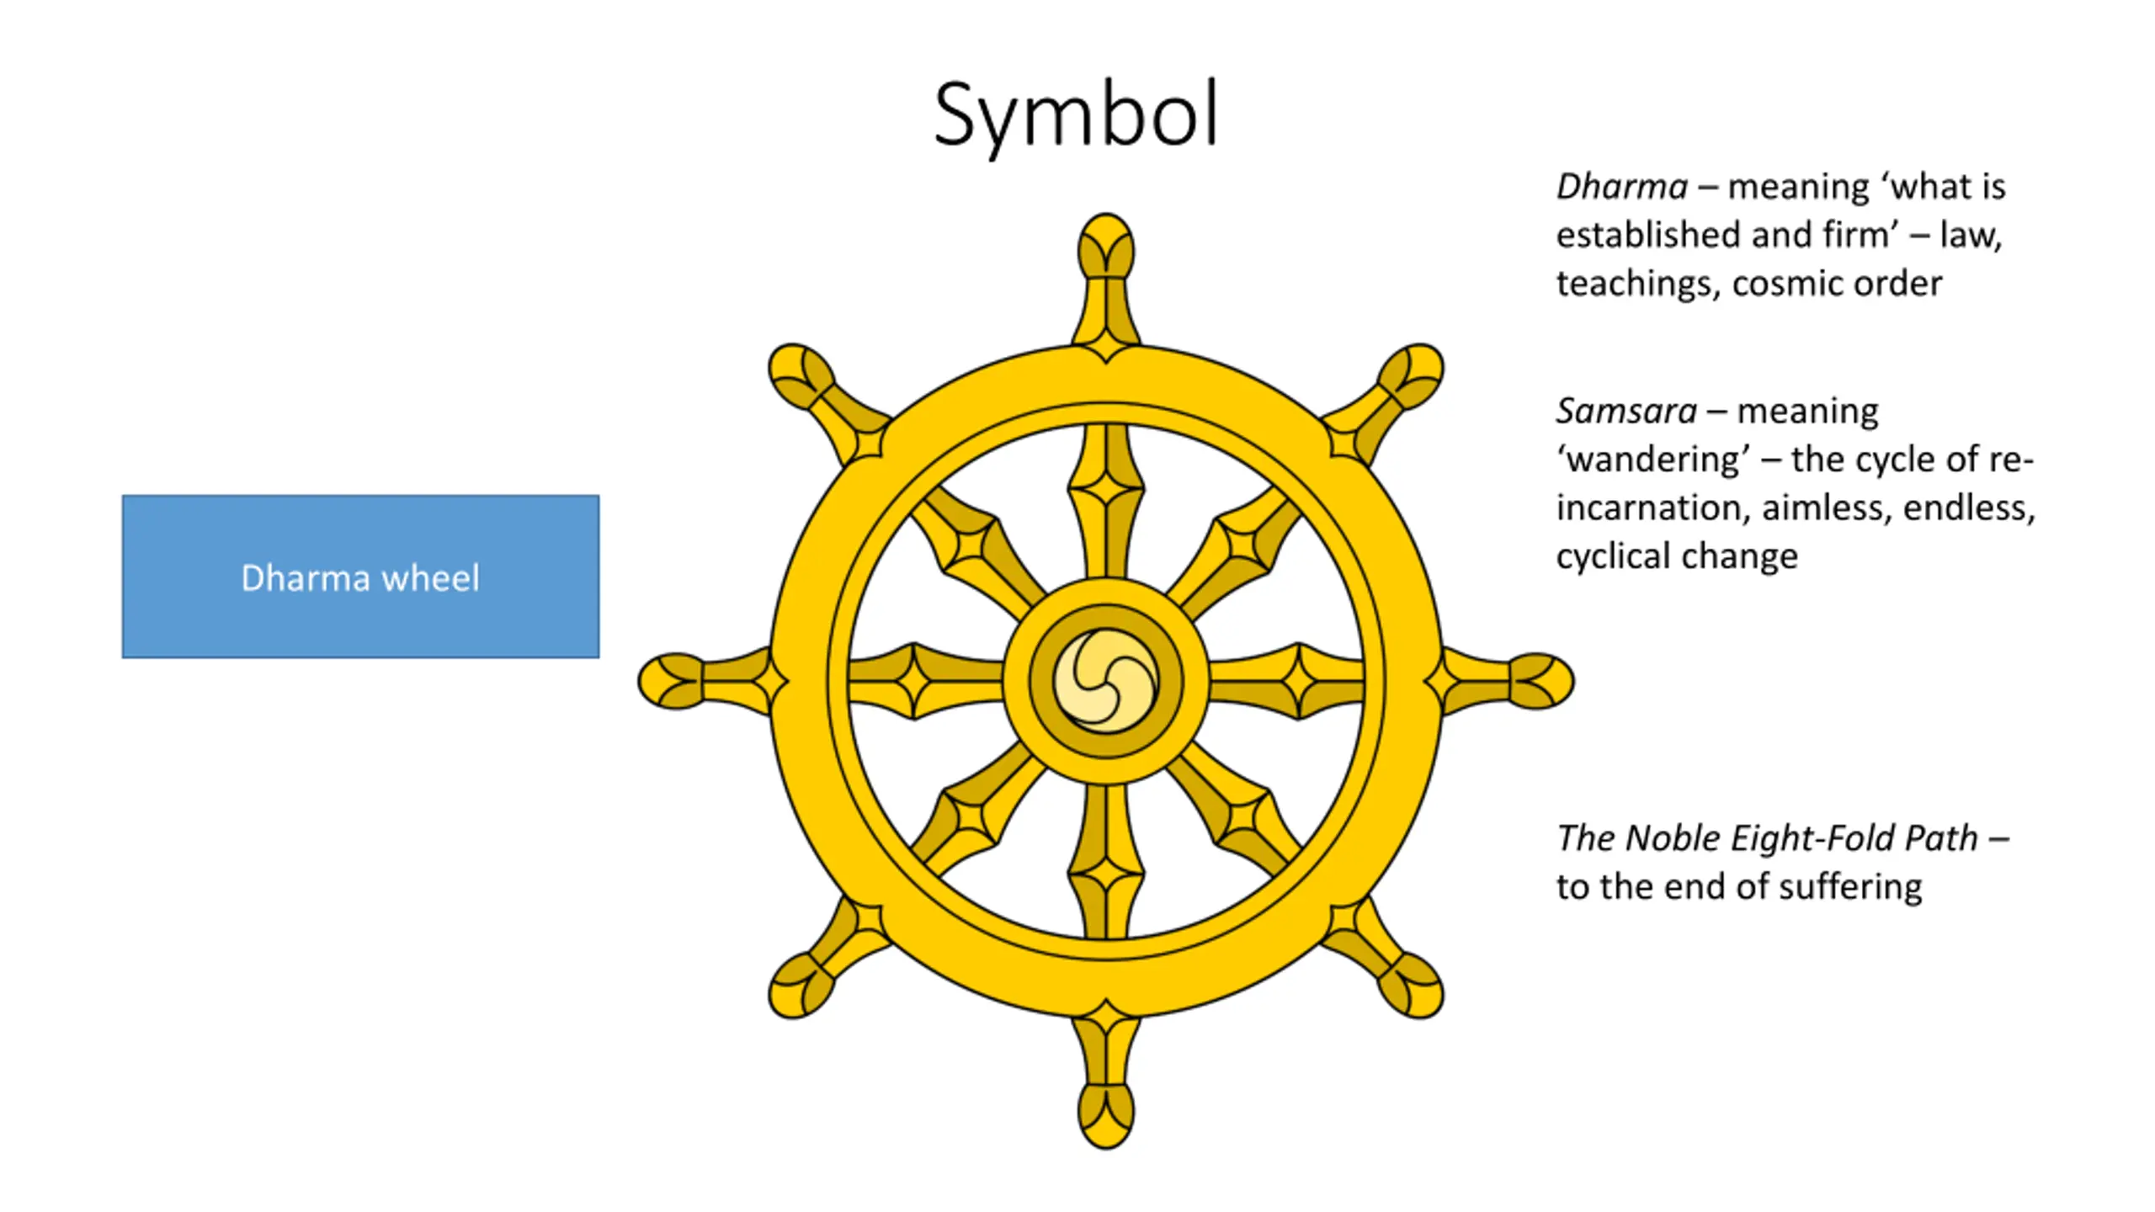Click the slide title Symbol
(x=1076, y=116)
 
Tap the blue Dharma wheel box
(x=360, y=577)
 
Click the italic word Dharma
(x=1621, y=187)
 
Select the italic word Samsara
(x=1626, y=412)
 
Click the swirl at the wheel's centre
(x=1105, y=681)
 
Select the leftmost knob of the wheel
(x=671, y=681)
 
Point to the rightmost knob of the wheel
(x=1540, y=681)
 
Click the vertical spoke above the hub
(x=1105, y=501)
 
